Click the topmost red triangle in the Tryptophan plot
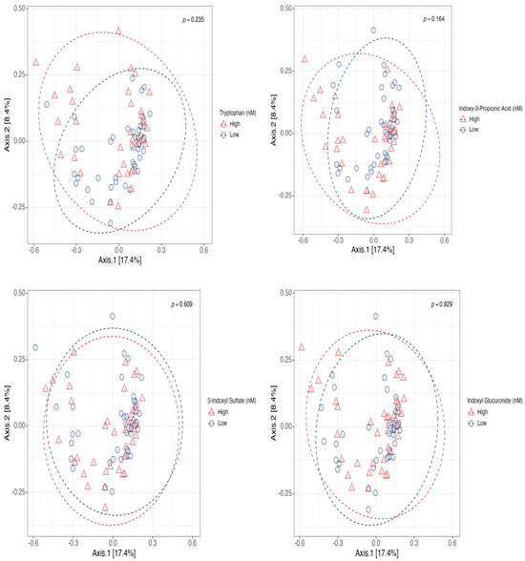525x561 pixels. click(118, 31)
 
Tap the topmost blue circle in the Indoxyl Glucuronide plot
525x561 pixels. click(375, 316)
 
